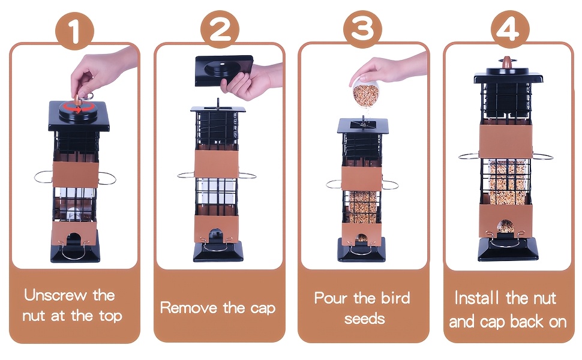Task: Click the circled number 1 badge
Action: point(74,31)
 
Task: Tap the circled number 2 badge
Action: point(220,29)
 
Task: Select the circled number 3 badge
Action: point(362,29)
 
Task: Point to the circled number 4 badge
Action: point(509,29)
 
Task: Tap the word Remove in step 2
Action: point(189,308)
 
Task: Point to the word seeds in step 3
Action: point(364,319)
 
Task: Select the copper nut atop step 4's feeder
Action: point(506,62)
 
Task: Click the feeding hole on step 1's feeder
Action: point(74,239)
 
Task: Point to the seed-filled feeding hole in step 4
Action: point(506,226)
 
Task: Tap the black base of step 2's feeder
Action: point(218,251)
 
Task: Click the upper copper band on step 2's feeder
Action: point(217,164)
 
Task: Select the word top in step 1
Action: point(110,316)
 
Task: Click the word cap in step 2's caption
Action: point(263,309)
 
